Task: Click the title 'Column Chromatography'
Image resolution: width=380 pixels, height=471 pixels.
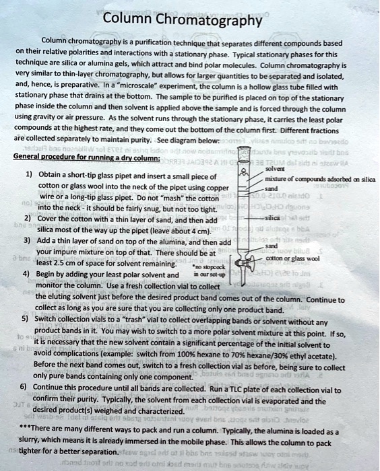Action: click(181, 21)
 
